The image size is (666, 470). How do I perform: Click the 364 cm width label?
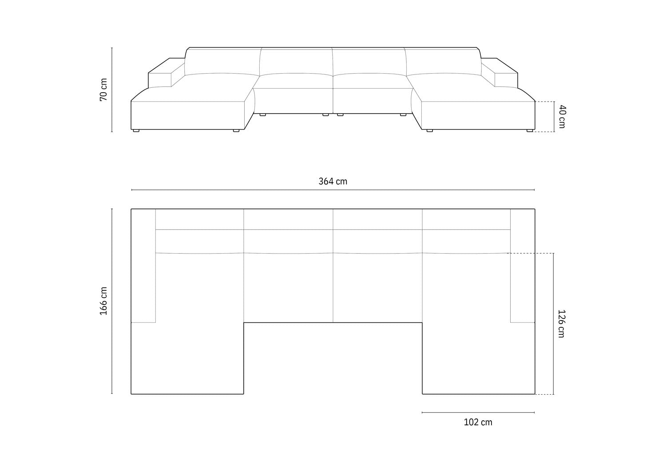coord(333,181)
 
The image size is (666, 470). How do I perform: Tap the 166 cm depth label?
coord(103,301)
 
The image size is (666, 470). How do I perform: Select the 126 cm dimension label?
coord(561,324)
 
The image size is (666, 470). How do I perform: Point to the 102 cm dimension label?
coord(478,422)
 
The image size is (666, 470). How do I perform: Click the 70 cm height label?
coord(103,90)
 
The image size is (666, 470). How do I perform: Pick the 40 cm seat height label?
coord(562,117)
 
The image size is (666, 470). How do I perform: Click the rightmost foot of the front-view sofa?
coord(530,131)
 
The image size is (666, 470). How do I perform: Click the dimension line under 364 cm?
coord(333,190)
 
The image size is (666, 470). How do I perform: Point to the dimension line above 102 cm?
coord(478,412)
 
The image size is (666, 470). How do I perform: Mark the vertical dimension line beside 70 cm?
coord(112,90)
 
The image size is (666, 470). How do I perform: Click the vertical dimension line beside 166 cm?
coord(112,301)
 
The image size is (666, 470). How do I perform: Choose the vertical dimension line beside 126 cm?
coord(553,324)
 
